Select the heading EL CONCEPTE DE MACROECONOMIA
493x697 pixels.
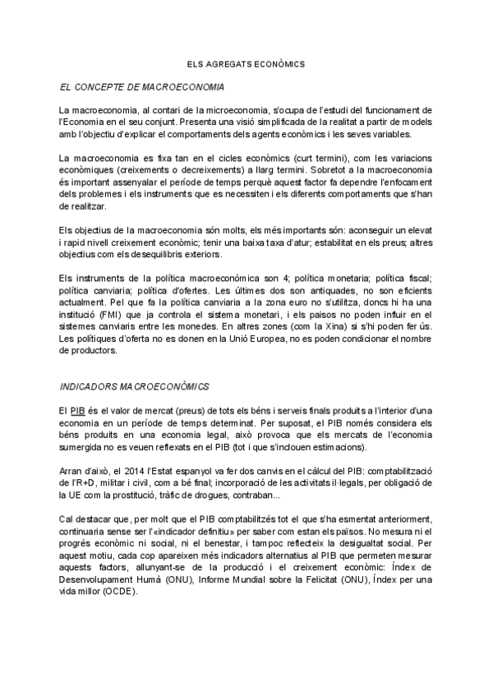click(142, 86)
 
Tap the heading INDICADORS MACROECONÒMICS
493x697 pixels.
click(136, 385)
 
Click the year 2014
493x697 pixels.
click(118, 470)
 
